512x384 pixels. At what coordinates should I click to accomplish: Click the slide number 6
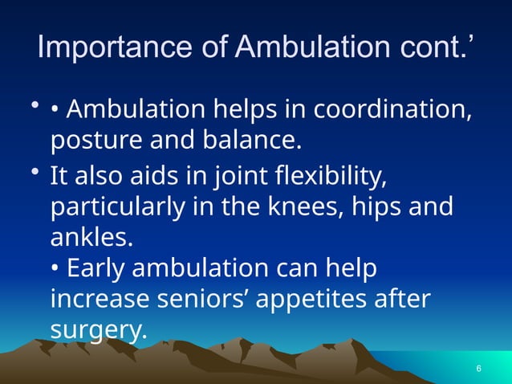[x=478, y=369]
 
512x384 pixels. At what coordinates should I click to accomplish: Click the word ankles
[x=88, y=237]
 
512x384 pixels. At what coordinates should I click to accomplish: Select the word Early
[x=95, y=268]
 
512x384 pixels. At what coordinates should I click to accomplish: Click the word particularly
[x=119, y=206]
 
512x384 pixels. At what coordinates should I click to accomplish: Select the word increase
[x=101, y=300]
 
